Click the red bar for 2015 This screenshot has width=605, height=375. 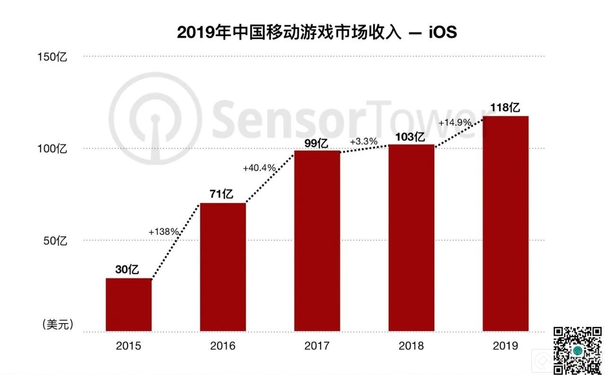pyautogui.click(x=129, y=305)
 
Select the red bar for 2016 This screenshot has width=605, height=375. pyautogui.click(x=223, y=267)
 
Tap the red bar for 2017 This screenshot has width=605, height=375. pyautogui.click(x=317, y=241)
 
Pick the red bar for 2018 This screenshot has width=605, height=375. pyautogui.click(x=411, y=238)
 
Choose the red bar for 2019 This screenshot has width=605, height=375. pyautogui.click(x=505, y=224)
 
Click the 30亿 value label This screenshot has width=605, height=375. pyautogui.click(x=128, y=270)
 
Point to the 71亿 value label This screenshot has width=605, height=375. pyautogui.click(x=222, y=194)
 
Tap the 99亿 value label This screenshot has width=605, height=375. pyautogui.click(x=316, y=143)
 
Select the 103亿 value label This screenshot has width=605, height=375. pyautogui.click(x=410, y=137)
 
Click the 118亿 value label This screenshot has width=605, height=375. pyautogui.click(x=505, y=108)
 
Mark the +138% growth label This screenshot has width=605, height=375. pyautogui.click(x=164, y=232)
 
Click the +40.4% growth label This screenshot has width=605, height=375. pyautogui.click(x=259, y=168)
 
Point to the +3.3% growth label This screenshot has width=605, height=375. pyautogui.click(x=363, y=142)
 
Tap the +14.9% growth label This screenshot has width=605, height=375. pyautogui.click(x=455, y=123)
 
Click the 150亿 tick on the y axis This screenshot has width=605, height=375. pyautogui.click(x=53, y=58)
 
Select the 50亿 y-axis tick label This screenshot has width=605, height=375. pyautogui.click(x=56, y=241)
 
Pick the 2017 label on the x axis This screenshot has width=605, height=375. pyautogui.click(x=317, y=346)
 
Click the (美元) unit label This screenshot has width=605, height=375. pyautogui.click(x=58, y=325)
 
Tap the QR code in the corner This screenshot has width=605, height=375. pyautogui.click(x=577, y=350)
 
